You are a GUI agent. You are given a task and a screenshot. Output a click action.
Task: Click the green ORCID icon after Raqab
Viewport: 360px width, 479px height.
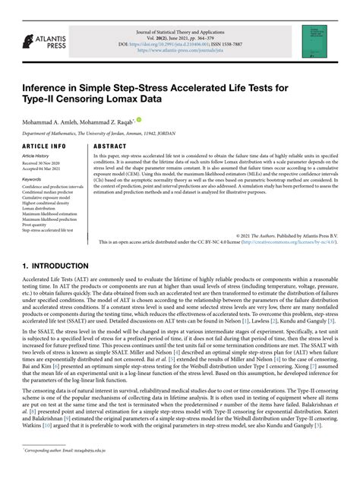[139, 119]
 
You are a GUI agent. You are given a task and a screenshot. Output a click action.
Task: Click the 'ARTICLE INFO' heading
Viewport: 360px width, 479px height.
[43, 145]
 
